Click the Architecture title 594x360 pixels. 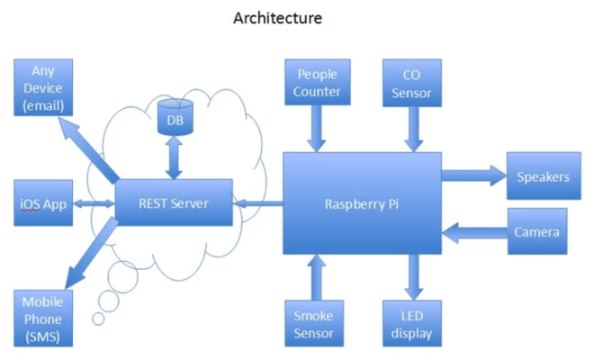click(277, 18)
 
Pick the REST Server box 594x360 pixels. click(174, 203)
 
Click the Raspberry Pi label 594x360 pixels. click(362, 203)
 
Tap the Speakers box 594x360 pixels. click(543, 177)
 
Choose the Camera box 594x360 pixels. click(537, 232)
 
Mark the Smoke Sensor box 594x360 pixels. click(313, 325)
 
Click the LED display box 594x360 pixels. click(413, 325)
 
